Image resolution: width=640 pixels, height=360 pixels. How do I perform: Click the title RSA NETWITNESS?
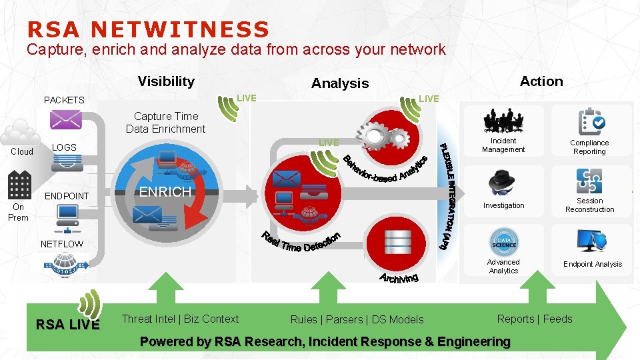pyautogui.click(x=148, y=29)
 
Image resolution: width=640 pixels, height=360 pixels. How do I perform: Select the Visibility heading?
pyautogui.click(x=166, y=81)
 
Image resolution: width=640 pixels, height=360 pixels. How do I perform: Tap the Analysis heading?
pyautogui.click(x=340, y=83)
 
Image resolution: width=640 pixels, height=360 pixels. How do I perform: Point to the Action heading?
pyautogui.click(x=541, y=81)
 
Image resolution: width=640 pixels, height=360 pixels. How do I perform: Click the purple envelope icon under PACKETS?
pyautogui.click(x=65, y=120)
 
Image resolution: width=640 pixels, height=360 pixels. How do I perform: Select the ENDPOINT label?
pyautogui.click(x=66, y=196)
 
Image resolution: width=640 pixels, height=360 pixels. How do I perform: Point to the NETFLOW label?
pyautogui.click(x=62, y=244)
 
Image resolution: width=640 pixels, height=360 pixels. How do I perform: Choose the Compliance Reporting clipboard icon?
pyautogui.click(x=591, y=121)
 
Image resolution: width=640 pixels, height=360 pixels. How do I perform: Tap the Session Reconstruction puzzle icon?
pyautogui.click(x=589, y=181)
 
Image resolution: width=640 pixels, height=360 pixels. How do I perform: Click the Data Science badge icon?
pyautogui.click(x=504, y=242)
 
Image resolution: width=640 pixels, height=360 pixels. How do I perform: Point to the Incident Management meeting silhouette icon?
pyautogui.click(x=504, y=121)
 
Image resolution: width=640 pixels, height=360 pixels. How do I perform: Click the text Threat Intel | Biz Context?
pyautogui.click(x=180, y=319)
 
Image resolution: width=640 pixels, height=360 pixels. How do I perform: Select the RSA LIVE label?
pyautogui.click(x=67, y=325)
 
